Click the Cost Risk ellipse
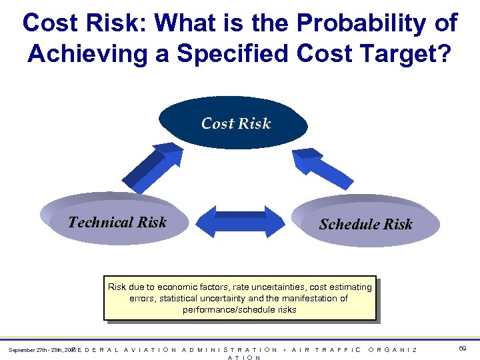[235, 123]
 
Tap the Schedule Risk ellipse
[365, 224]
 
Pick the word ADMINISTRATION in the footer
[230, 349]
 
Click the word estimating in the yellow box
[347, 287]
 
